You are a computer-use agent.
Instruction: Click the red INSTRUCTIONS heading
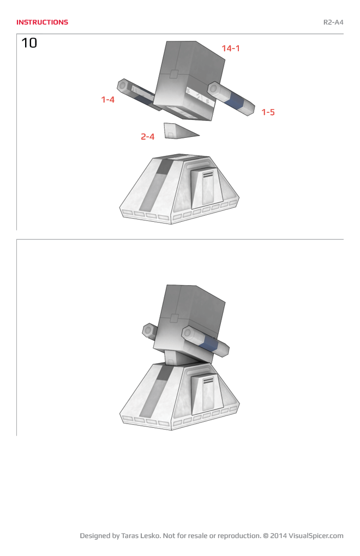point(42,22)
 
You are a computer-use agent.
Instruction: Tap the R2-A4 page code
point(333,22)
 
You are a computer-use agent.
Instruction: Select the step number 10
point(29,43)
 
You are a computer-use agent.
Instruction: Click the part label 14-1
point(230,49)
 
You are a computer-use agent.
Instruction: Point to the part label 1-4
point(107,100)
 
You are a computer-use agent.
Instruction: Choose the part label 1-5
point(267,112)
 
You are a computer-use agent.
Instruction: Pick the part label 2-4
point(147,137)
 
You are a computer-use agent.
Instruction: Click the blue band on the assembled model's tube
point(209,343)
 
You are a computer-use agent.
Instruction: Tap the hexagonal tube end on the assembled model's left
point(148,331)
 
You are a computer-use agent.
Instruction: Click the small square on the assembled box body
point(174,318)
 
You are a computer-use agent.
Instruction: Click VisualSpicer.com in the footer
point(316,536)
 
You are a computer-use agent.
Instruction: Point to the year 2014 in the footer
point(278,536)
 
